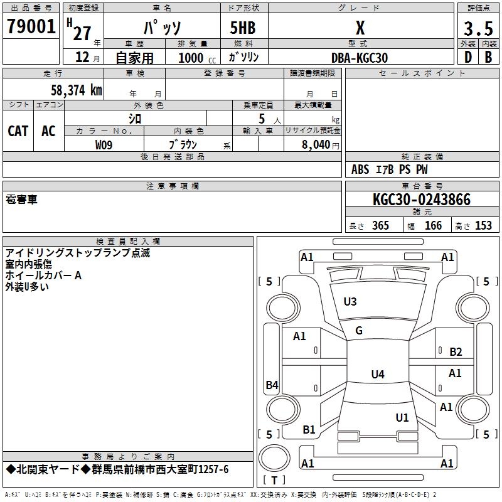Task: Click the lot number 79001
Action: pyautogui.click(x=31, y=27)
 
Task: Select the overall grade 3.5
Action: pyautogui.click(x=478, y=29)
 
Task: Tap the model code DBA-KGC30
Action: pyautogui.click(x=360, y=58)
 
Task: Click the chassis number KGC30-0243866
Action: pyautogui.click(x=421, y=200)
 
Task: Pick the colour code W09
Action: pyautogui.click(x=104, y=144)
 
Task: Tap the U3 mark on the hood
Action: pyautogui.click(x=350, y=302)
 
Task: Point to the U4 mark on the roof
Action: pyautogui.click(x=377, y=375)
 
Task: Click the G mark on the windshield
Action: pyautogui.click(x=359, y=331)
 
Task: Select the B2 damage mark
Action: pyautogui.click(x=456, y=352)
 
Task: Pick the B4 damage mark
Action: pyautogui.click(x=272, y=385)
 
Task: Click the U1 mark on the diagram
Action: pyautogui.click(x=402, y=417)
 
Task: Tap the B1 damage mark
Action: pyautogui.click(x=309, y=430)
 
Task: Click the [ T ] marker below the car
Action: pyautogui.click(x=274, y=480)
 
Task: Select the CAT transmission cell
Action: pyautogui.click(x=18, y=131)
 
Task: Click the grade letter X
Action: pyautogui.click(x=360, y=28)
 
